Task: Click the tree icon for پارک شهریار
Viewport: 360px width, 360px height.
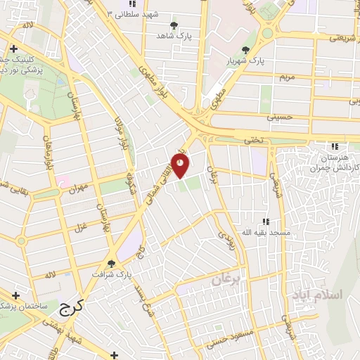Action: tap(245, 49)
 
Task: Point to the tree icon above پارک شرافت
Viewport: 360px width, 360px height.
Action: tap(111, 264)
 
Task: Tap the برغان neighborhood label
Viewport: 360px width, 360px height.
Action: tap(226, 280)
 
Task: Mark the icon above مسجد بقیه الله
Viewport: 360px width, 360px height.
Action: tap(264, 221)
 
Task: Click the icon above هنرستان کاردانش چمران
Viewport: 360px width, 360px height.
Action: tap(335, 146)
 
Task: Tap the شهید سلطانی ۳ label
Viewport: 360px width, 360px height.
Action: tap(134, 14)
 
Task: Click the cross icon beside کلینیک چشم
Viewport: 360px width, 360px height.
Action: tap(14, 49)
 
